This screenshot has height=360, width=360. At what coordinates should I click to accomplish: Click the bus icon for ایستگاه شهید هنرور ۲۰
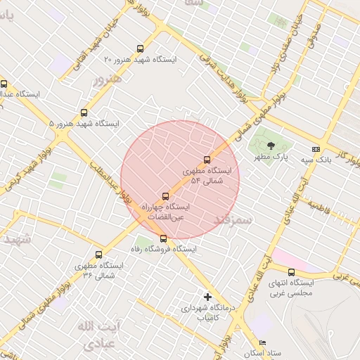pyautogui.click(x=141, y=49)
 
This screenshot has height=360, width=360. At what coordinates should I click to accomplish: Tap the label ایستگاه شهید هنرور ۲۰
pyautogui.click(x=141, y=60)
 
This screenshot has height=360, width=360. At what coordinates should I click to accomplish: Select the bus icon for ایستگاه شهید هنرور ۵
pyautogui.click(x=85, y=112)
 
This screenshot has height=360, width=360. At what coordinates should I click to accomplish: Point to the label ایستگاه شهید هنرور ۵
pyautogui.click(x=84, y=124)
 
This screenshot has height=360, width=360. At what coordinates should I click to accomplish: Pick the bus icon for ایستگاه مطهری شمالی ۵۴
pyautogui.click(x=207, y=160)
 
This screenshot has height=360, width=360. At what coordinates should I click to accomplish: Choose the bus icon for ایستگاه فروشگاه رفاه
pyautogui.click(x=164, y=239)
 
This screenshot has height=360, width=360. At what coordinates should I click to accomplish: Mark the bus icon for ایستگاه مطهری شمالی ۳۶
pyautogui.click(x=98, y=255)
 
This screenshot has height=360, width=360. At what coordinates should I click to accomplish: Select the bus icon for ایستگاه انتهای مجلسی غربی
pyautogui.click(x=291, y=273)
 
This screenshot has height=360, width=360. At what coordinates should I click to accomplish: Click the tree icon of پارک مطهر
pyautogui.click(x=271, y=147)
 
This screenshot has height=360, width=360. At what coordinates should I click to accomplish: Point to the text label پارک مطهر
pyautogui.click(x=271, y=158)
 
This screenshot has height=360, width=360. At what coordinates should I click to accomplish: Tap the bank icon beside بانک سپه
pyautogui.click(x=316, y=149)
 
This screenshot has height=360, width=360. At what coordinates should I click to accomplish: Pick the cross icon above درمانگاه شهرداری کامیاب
pyautogui.click(x=207, y=297)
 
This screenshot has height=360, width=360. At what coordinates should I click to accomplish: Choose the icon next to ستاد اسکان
pyautogui.click(x=263, y=342)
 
